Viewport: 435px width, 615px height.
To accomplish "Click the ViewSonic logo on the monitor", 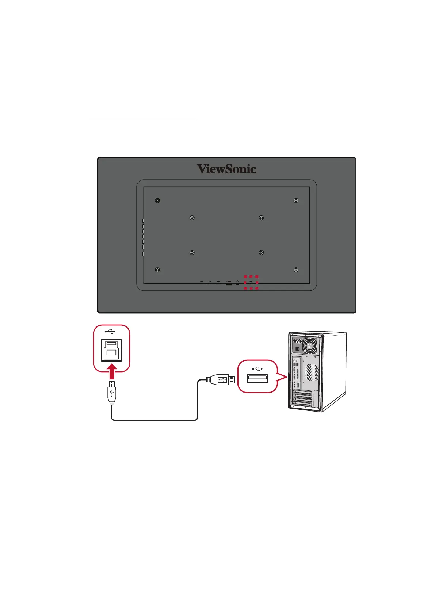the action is pos(226,169).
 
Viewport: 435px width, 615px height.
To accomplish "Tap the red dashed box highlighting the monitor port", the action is pos(251,282).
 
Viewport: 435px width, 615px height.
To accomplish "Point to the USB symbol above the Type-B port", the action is pos(110,332).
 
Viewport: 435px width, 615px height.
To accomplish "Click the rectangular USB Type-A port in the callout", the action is pos(257,379).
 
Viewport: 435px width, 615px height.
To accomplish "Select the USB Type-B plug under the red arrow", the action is pos(112,393).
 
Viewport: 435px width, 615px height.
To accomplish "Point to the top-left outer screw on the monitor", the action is pos(157,200).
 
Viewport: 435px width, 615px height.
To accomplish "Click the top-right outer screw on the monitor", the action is pos(296,200).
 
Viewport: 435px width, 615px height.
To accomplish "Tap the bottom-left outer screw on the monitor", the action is pos(157,270).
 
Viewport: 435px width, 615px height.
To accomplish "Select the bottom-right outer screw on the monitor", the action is pos(296,270).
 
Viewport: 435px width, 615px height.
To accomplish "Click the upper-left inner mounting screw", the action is pos(192,218).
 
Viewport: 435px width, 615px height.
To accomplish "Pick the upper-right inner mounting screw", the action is pos(261,218).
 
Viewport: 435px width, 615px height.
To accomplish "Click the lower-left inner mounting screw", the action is pos(192,252).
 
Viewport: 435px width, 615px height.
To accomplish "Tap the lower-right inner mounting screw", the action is pos(261,252).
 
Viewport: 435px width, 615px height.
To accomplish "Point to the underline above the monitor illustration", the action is pos(143,119).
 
